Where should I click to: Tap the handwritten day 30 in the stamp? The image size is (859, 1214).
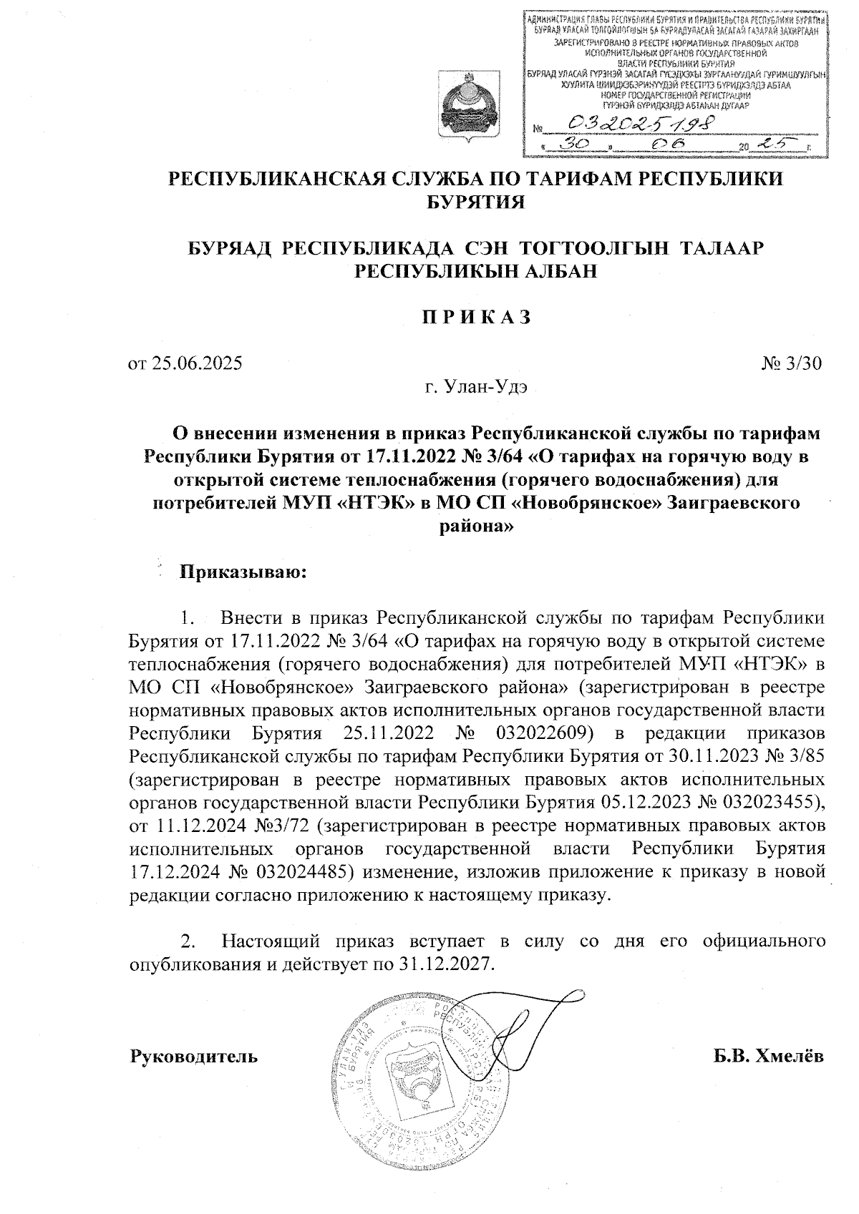(x=576, y=145)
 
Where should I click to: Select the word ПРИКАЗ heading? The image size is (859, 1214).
(x=475, y=317)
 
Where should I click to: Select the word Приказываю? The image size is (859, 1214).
(x=243, y=572)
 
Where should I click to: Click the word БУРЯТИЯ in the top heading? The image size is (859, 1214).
(x=475, y=202)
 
